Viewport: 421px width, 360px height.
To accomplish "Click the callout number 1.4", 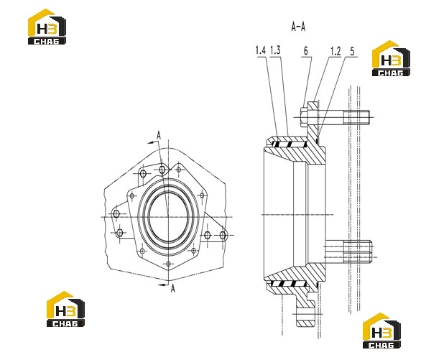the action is point(261,50).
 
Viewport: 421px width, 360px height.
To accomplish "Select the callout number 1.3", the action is point(275,50).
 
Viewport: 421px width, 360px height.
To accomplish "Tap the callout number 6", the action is point(306,51).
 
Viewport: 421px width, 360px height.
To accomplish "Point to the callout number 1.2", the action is point(336,51).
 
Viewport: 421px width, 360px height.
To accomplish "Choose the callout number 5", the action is point(352,51).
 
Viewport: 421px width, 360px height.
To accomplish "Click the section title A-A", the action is point(298,27).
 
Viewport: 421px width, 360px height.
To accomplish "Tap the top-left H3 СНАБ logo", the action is point(47,27).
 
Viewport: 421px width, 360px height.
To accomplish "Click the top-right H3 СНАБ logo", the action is point(391,58).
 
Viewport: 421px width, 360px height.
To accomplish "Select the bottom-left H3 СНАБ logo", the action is point(66,309).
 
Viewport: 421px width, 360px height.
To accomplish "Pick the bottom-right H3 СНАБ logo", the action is point(381,331).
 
